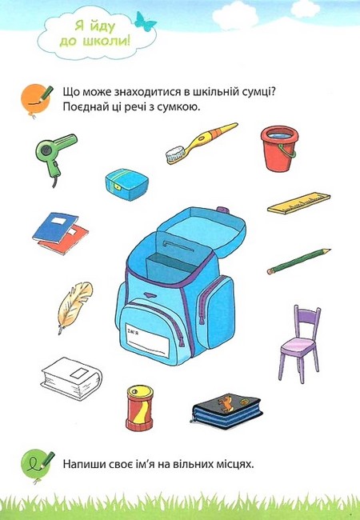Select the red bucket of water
coord(278,148)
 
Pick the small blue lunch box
coord(126,182)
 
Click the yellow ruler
coord(298,204)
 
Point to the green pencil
coord(298,260)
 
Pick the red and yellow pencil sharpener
coord(138,407)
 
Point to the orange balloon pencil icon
coord(32,96)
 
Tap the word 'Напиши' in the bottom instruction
coord(83,463)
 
